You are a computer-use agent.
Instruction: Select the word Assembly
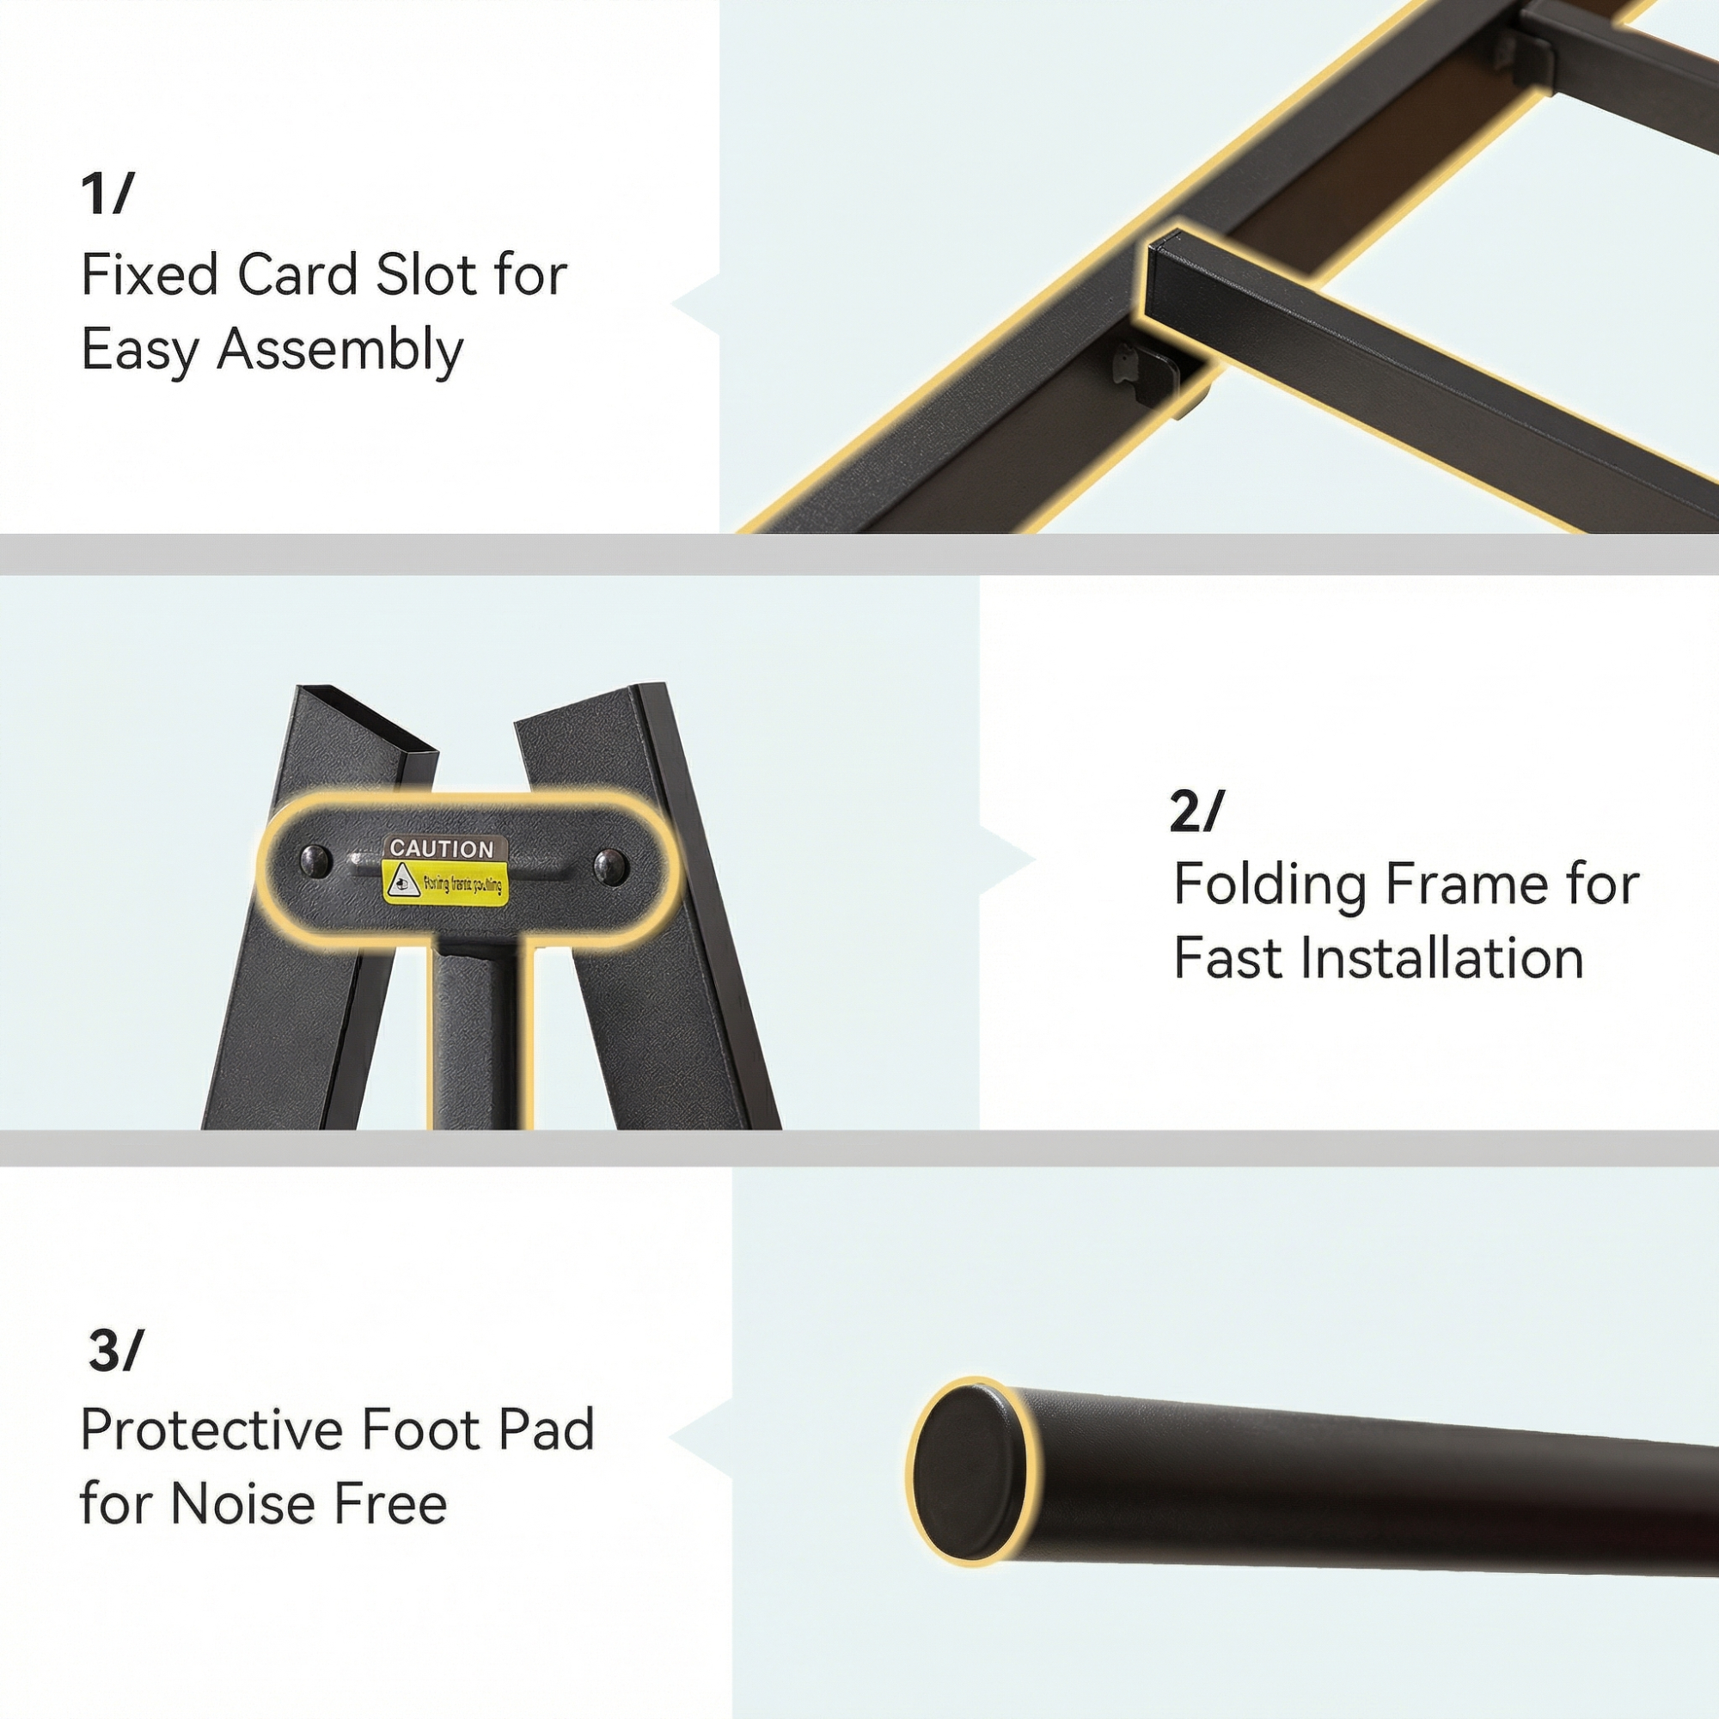[x=340, y=350]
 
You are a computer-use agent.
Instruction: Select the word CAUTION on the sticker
[x=442, y=849]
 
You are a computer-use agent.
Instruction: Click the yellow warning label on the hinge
[x=446, y=882]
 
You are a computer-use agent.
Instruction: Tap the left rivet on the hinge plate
[x=315, y=860]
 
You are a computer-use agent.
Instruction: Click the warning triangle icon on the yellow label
[x=401, y=881]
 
